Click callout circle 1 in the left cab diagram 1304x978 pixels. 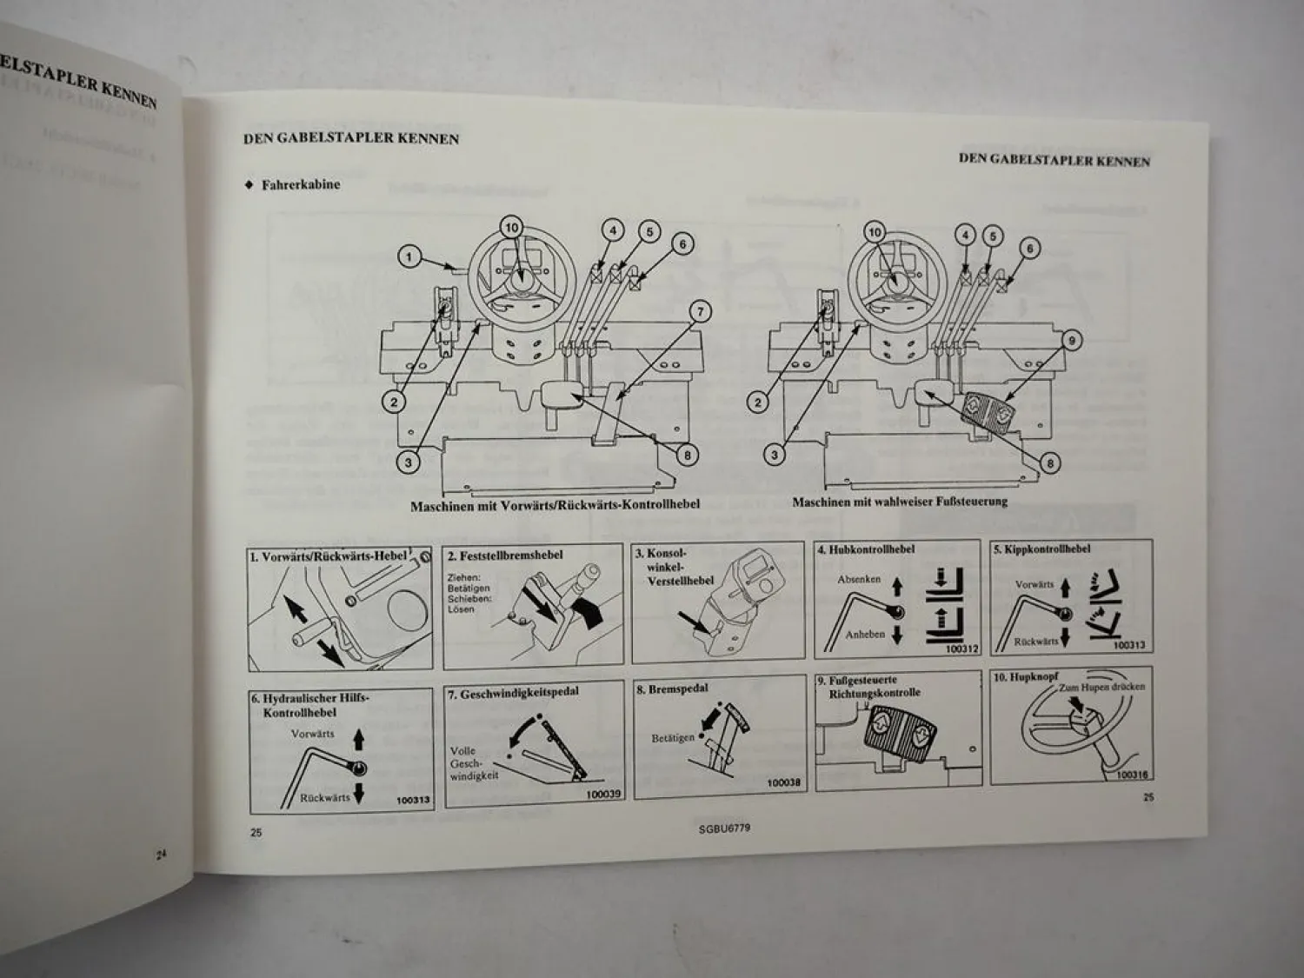[410, 257]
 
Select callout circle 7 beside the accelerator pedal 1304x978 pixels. [700, 311]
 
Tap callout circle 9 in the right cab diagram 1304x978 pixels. [1072, 341]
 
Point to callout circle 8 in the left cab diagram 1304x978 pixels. [688, 455]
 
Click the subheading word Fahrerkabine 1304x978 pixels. [300, 184]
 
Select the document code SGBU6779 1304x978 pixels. [724, 828]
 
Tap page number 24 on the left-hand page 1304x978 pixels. [162, 855]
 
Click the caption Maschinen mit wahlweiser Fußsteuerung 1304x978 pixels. [900, 502]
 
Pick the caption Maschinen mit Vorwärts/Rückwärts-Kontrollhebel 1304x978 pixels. [555, 504]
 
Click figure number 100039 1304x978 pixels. [603, 795]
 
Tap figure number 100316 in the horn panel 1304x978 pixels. [1132, 775]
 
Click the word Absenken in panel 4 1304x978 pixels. [859, 579]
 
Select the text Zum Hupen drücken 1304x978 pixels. [1101, 687]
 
